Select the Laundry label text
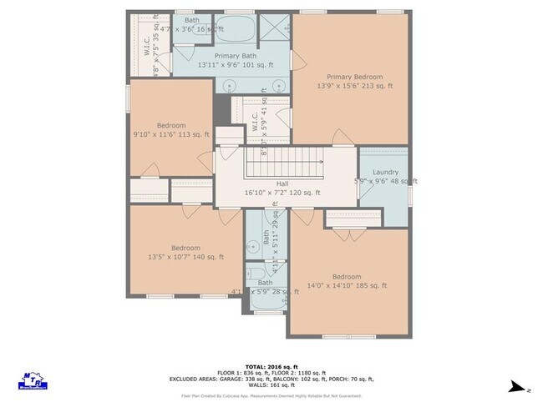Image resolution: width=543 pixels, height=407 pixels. click(385, 172)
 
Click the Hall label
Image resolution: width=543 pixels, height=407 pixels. click(282, 183)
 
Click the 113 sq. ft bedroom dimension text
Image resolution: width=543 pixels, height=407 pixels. click(171, 133)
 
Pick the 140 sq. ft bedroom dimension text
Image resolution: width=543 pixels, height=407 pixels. click(185, 258)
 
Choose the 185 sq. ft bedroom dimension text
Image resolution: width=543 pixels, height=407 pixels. click(347, 286)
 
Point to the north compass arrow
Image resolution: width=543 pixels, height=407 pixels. click(519, 387)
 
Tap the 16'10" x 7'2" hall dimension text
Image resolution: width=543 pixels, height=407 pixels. click(282, 193)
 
